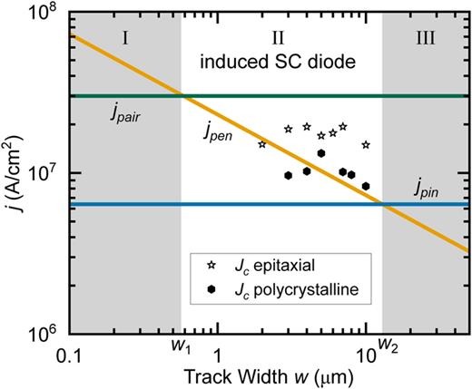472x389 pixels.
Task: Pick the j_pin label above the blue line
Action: coord(426,190)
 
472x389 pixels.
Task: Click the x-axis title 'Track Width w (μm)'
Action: coord(270,374)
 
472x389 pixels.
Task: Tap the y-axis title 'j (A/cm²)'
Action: coord(14,172)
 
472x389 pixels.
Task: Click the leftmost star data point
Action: coord(262,144)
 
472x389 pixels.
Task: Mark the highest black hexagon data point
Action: coord(320,153)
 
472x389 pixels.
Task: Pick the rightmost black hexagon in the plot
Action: coord(366,186)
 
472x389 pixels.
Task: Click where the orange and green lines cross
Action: coord(182,96)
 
